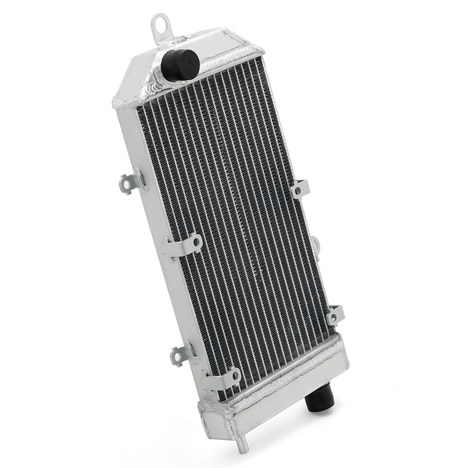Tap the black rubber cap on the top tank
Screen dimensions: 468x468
pyautogui.click(x=180, y=64)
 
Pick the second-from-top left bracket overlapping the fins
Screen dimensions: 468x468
pyautogui.click(x=183, y=243)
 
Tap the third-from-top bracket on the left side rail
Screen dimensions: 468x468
pyautogui.click(x=183, y=354)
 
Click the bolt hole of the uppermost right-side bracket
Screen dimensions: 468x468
pyautogui.click(x=298, y=189)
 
